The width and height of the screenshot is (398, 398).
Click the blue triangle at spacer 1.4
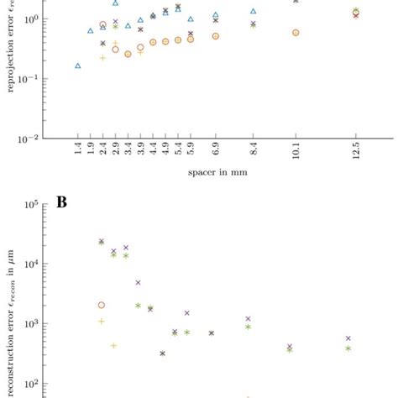click(78, 65)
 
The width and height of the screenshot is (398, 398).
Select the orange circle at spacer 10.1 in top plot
click(296, 33)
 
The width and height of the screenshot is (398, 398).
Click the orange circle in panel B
click(102, 306)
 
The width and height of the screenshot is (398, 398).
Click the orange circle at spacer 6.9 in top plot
click(216, 36)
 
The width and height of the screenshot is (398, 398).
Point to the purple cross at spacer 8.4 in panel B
click(249, 319)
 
